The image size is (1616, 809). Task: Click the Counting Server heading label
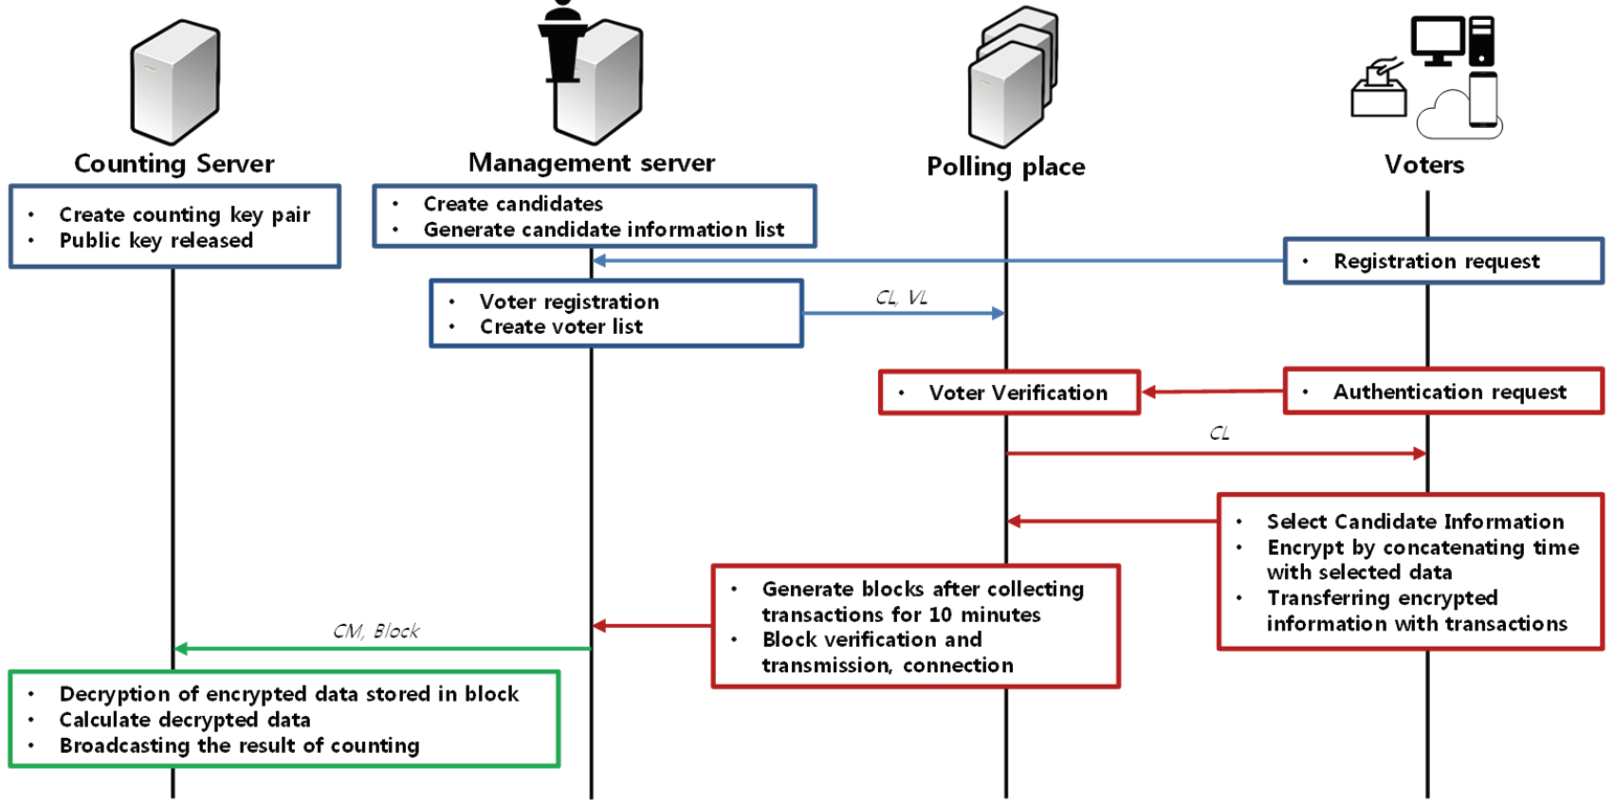174,164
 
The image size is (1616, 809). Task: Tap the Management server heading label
591,163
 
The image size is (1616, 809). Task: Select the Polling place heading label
1005,167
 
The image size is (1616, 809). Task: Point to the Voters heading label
1423,165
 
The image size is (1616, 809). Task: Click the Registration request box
1442,261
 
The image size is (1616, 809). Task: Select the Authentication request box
1442,392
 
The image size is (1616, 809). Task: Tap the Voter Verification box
1009,393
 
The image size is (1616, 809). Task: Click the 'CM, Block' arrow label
376,632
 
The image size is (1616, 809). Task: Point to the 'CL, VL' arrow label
901,298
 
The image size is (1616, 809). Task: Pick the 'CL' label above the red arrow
1219,433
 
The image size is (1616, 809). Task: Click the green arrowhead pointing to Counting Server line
181,649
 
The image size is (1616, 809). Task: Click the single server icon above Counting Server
175,82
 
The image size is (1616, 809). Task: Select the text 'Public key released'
156,241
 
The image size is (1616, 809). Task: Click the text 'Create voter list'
560,327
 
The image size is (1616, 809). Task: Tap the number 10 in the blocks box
940,615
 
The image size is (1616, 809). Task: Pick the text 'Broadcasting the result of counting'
239,745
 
